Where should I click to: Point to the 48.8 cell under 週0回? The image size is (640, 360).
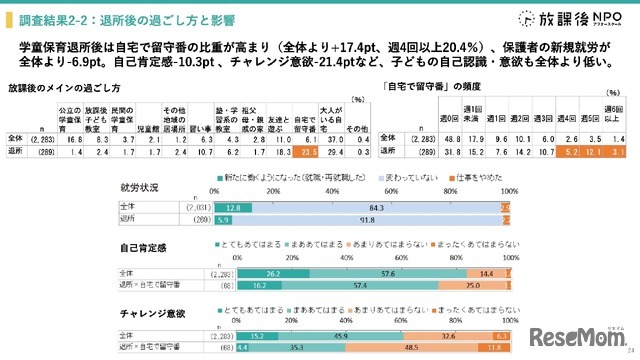pyautogui.click(x=422, y=140)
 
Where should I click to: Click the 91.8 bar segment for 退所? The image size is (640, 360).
pyautogui.click(x=380, y=217)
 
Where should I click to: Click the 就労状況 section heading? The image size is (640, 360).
pyautogui.click(x=139, y=187)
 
